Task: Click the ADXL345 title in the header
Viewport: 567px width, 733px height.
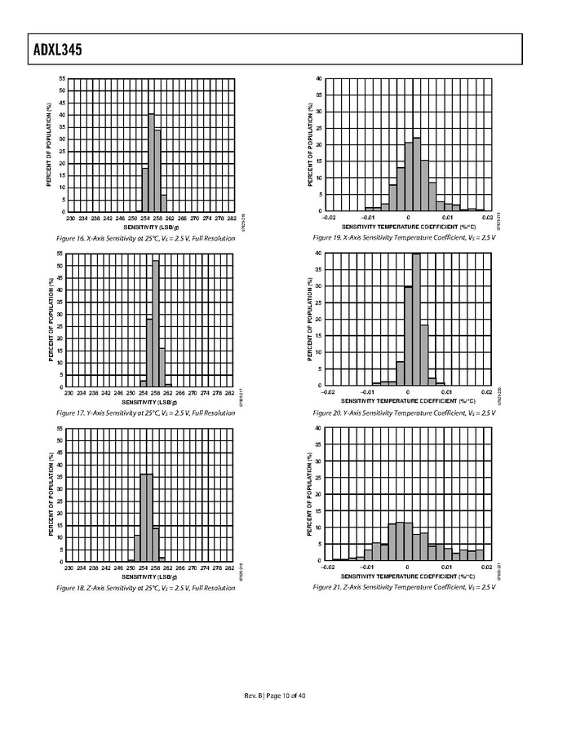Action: point(47,51)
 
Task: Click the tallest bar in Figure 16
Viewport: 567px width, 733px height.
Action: point(151,163)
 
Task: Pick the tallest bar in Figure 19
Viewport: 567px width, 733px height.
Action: point(416,174)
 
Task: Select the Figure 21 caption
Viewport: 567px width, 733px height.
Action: point(404,587)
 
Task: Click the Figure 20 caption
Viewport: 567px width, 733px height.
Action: point(404,413)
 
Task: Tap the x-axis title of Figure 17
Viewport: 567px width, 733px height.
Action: point(151,402)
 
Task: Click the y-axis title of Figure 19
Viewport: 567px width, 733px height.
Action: point(309,145)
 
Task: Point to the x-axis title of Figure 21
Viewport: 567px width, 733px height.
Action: point(408,576)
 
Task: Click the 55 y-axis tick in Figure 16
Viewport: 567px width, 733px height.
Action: point(62,78)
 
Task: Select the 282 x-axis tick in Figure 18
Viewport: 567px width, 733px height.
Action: point(231,567)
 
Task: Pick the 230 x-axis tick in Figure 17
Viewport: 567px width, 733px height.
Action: point(70,393)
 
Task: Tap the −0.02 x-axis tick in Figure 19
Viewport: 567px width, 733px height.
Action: point(328,218)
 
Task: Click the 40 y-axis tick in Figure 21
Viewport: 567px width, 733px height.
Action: point(318,428)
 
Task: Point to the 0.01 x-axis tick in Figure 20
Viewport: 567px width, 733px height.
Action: point(447,392)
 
